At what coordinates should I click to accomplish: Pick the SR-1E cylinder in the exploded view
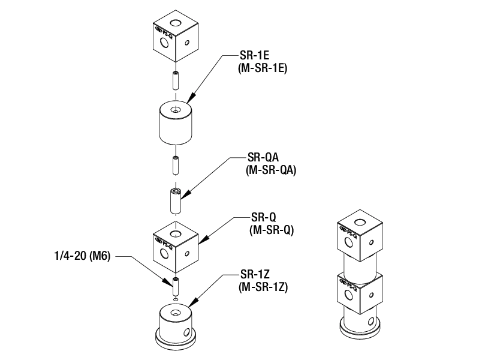175,123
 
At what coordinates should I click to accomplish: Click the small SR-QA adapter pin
175,201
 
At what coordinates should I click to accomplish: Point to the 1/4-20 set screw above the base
175,284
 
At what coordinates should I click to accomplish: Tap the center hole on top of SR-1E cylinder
175,110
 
